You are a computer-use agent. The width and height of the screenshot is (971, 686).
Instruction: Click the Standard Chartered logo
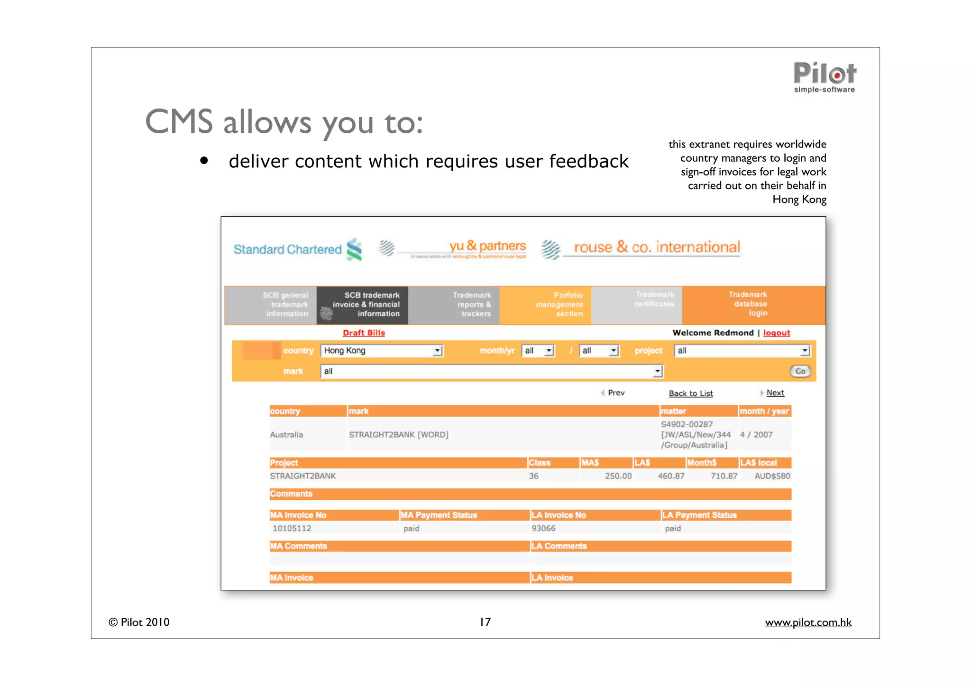point(297,249)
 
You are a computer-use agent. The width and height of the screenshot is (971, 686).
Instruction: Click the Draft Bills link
point(364,333)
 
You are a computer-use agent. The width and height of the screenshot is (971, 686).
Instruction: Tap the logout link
point(776,333)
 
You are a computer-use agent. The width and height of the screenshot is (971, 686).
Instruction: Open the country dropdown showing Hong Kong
point(382,350)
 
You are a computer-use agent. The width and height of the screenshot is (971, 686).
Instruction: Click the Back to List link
point(690,393)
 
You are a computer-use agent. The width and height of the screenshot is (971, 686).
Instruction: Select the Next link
point(775,393)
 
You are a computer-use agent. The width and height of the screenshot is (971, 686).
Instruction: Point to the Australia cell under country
point(286,435)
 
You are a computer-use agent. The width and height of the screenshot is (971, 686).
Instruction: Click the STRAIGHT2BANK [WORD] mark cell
point(398,435)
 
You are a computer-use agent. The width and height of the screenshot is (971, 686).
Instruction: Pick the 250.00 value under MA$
point(618,476)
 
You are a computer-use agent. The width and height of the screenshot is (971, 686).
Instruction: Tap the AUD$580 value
point(772,476)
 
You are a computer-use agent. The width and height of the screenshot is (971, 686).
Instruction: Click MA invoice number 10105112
point(292,528)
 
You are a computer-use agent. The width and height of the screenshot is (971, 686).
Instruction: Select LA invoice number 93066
point(543,528)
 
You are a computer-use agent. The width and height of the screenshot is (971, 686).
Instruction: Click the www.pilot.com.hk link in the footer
point(808,622)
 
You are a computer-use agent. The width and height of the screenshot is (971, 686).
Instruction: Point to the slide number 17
point(485,622)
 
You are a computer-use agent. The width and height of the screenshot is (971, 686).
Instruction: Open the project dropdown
point(742,350)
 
